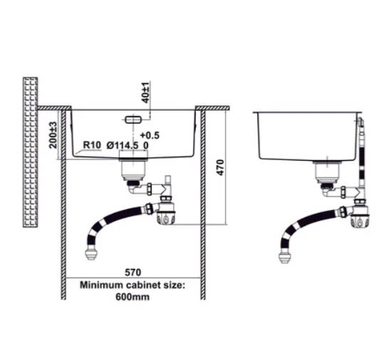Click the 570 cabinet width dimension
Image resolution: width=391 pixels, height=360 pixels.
(x=133, y=272)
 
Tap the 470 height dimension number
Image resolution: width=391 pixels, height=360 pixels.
(x=221, y=168)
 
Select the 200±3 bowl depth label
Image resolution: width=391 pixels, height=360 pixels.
(x=53, y=135)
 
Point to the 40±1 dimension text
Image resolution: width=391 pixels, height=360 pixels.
(x=145, y=92)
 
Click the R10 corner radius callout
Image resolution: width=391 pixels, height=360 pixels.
(x=92, y=144)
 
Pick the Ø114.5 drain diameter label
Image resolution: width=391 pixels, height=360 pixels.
(x=122, y=145)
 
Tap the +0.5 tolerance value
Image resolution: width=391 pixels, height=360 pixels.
(x=150, y=135)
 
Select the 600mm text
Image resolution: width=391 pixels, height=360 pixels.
(x=132, y=297)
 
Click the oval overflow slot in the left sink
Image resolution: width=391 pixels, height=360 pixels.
(x=133, y=120)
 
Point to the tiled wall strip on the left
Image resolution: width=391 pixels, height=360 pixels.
(x=31, y=152)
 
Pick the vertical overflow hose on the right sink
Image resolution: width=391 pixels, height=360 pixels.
(x=361, y=154)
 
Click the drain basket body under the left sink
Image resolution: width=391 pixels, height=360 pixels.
(x=133, y=169)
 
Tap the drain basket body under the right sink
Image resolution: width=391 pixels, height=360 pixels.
(x=327, y=171)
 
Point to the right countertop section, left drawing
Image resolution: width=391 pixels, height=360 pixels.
(x=212, y=108)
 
